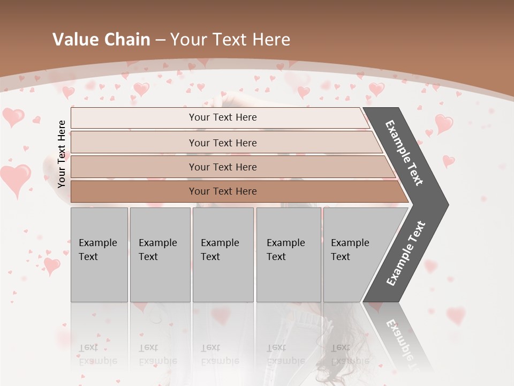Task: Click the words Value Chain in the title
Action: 101,40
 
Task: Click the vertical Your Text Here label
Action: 62,154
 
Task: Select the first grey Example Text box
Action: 99,254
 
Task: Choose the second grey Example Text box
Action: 160,254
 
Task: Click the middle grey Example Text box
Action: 223,254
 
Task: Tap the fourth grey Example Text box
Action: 289,254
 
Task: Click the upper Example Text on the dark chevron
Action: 404,153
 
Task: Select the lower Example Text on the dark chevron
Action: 406,254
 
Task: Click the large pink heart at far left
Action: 16,179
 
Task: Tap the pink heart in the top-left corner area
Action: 13,116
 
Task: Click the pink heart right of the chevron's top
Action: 444,123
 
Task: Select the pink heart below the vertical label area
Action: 52,265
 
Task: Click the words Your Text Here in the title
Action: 230,40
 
